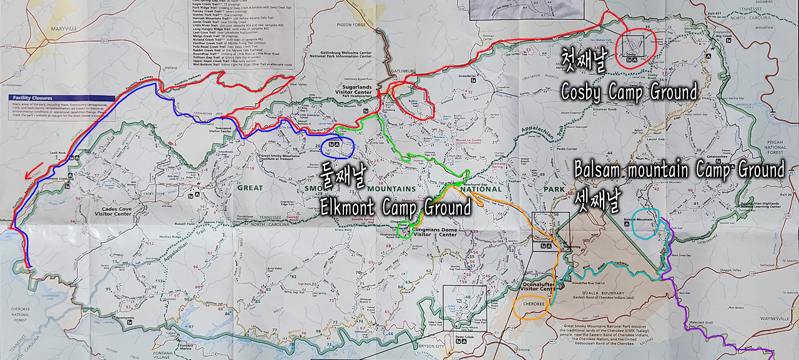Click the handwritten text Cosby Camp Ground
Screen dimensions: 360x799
pyautogui.click(x=628, y=93)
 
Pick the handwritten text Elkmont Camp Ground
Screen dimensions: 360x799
pyautogui.click(x=395, y=207)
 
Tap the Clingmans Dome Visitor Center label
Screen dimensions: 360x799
pyautogui.click(x=436, y=232)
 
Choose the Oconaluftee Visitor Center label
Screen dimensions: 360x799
pyautogui.click(x=537, y=286)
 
